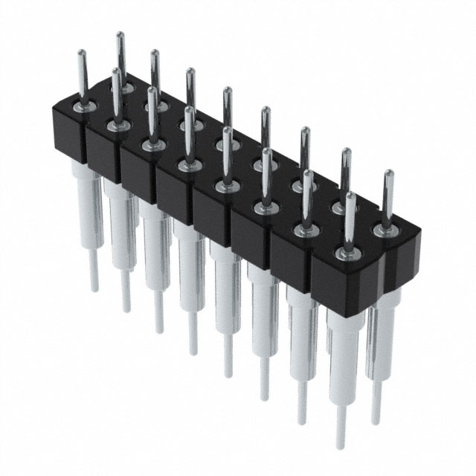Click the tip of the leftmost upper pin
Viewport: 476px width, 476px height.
click(81, 52)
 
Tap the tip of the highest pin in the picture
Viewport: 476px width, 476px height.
click(120, 34)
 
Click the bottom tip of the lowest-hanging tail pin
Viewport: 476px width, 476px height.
click(341, 448)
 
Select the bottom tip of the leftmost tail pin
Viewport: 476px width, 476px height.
click(94, 289)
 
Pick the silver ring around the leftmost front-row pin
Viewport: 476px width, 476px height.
click(83, 109)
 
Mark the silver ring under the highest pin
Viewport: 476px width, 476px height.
click(121, 89)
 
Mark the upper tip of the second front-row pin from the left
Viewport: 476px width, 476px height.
click(116, 71)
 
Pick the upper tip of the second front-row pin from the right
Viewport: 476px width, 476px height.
click(306, 173)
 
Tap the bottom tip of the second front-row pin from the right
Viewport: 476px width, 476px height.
click(302, 422)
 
